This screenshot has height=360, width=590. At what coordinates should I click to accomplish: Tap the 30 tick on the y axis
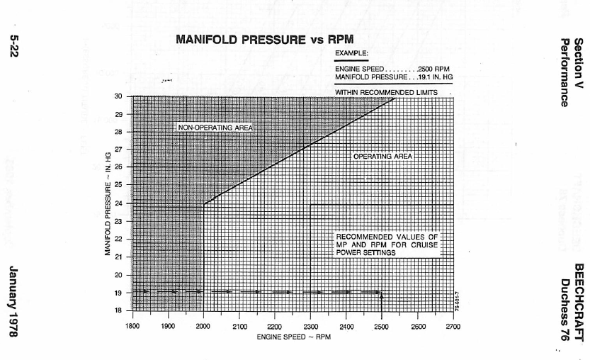pos(118,96)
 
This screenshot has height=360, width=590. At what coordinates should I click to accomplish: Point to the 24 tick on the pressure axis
pos(118,203)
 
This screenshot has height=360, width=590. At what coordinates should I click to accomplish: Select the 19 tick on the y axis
pos(118,293)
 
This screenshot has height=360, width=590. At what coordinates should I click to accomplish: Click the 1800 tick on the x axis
pos(132,326)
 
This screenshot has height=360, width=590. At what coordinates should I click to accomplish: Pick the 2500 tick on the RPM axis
pos(382,326)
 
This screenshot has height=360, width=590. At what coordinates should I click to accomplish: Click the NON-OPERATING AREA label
pos(215,127)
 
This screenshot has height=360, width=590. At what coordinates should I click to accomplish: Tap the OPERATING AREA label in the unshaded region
pos(382,155)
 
